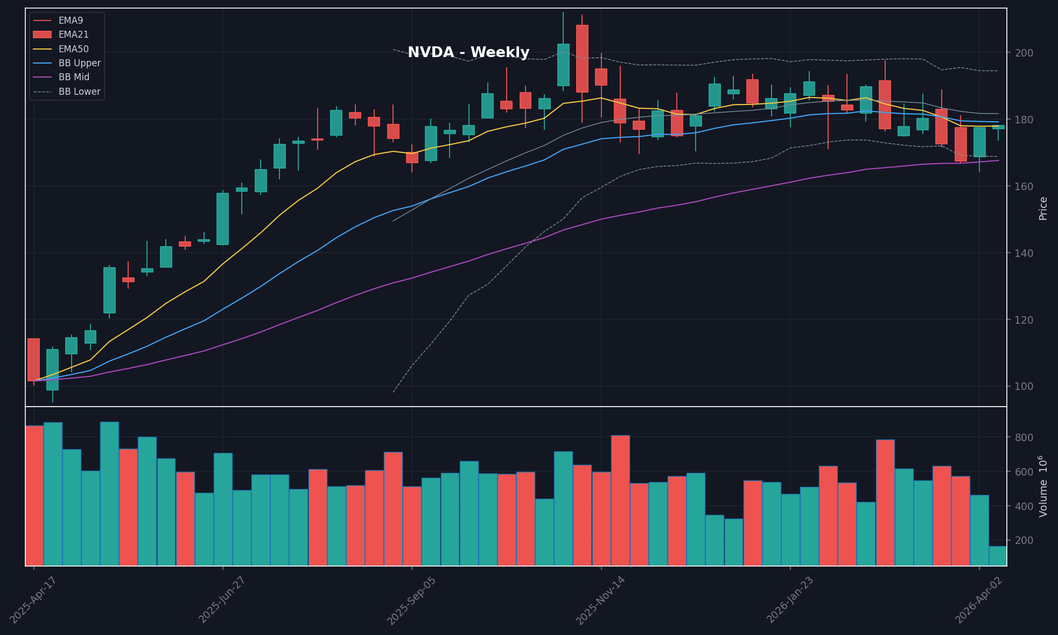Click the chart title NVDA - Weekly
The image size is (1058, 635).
(x=468, y=52)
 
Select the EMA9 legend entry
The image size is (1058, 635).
(x=71, y=20)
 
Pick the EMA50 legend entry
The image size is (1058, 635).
(x=73, y=49)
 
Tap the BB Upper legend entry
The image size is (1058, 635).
(x=79, y=63)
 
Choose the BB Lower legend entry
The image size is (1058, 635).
(x=79, y=92)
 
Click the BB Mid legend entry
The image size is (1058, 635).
(x=74, y=77)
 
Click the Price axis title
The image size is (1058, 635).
(x=1043, y=208)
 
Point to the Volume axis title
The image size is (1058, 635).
(x=1043, y=486)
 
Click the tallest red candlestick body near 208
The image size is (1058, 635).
(x=582, y=58)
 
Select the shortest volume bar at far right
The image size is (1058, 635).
(x=998, y=556)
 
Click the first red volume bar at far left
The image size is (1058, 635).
(x=34, y=496)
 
